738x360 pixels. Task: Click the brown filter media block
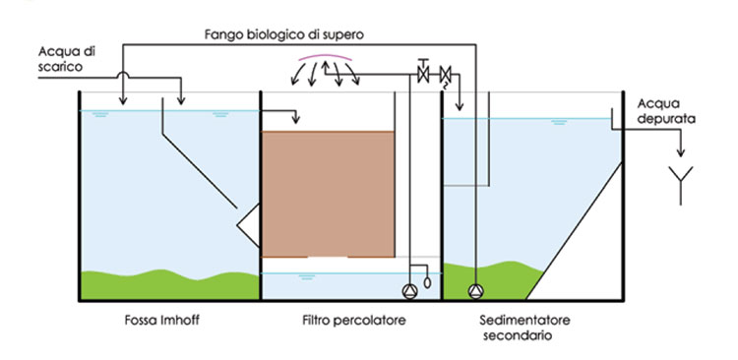(328, 192)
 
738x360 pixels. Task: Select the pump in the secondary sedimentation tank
(476, 290)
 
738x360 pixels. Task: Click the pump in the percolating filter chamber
(409, 290)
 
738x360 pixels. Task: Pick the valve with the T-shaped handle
(424, 73)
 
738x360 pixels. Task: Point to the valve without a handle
(445, 74)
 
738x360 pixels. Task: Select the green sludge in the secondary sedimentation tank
(502, 285)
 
